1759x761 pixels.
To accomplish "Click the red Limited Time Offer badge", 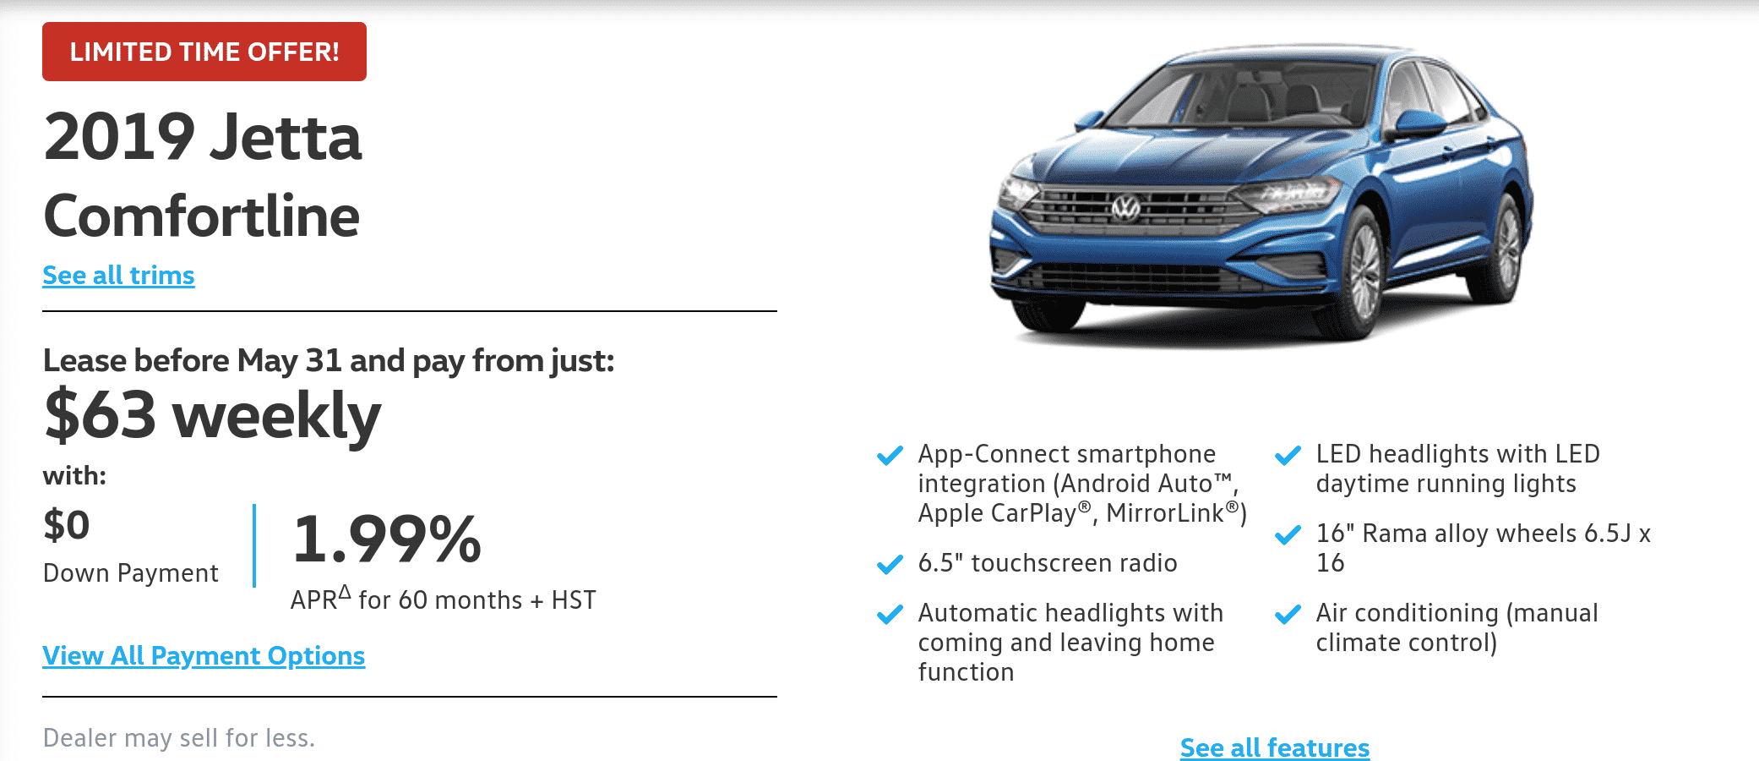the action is [x=204, y=52].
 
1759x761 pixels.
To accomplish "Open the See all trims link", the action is [x=118, y=276].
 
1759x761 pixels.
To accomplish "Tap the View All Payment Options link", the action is [x=204, y=656].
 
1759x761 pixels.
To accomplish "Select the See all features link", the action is [x=1275, y=748].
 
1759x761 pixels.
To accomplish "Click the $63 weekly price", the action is [x=212, y=416].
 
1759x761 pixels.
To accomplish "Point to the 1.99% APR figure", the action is [x=386, y=539].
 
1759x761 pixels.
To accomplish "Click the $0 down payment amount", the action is [x=67, y=525].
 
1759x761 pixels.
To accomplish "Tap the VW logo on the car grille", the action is [x=1125, y=207].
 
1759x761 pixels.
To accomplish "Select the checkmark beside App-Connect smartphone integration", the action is [x=890, y=456].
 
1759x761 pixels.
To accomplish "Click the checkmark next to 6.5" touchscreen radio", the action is [x=890, y=565].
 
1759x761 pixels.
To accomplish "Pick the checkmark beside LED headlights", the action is [x=1288, y=456].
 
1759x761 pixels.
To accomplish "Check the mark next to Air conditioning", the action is [x=1288, y=615].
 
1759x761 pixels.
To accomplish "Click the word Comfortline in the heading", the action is [x=202, y=216].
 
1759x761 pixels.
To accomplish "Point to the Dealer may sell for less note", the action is [x=179, y=738].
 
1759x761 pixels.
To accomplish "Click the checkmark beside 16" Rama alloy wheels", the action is [x=1288, y=535].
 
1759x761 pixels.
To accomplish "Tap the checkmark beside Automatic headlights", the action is [x=890, y=615].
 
